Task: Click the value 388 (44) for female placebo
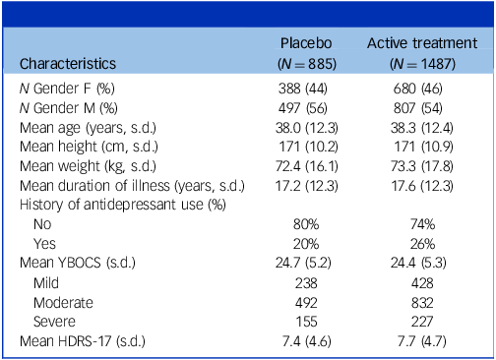click(305, 89)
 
